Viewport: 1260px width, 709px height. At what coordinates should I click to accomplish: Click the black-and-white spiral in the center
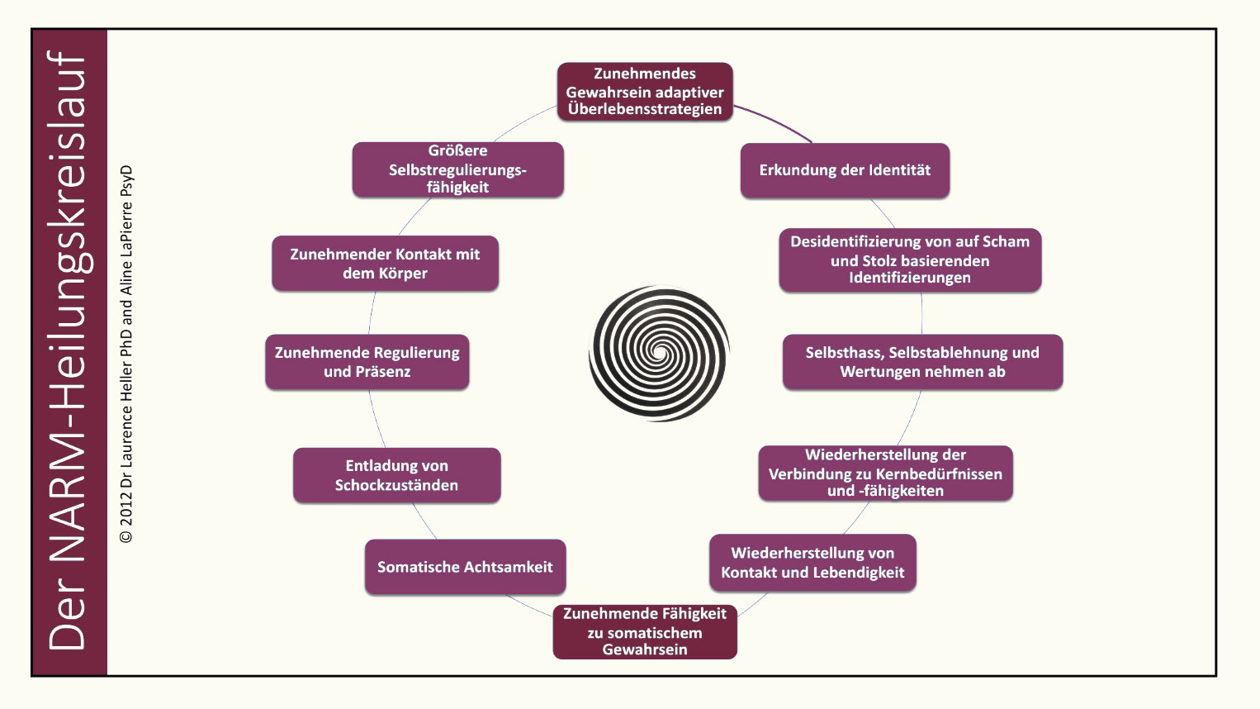[x=659, y=354]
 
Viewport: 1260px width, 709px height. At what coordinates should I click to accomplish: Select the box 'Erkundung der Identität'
[x=845, y=170]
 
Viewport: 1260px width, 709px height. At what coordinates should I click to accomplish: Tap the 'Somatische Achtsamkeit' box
[x=465, y=567]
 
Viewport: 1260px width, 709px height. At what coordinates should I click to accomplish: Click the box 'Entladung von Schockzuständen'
[x=396, y=475]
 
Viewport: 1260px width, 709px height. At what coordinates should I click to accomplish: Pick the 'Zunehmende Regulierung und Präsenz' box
[x=367, y=362]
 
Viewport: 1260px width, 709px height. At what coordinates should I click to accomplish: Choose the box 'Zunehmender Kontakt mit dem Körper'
[x=385, y=264]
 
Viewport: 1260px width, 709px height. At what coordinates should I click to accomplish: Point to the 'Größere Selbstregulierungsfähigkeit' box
[x=457, y=169]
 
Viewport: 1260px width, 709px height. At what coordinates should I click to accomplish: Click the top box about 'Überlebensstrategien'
[x=644, y=92]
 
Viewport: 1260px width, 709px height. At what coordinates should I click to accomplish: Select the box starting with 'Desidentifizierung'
[x=910, y=259]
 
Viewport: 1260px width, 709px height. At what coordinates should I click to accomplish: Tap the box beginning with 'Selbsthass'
[x=922, y=362]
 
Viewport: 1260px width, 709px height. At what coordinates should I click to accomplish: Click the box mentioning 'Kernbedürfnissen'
[x=885, y=473]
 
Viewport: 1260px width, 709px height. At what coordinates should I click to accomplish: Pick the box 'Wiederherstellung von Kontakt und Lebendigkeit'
[x=812, y=563]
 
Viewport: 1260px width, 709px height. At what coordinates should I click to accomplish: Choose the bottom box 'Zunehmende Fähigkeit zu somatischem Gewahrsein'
[x=644, y=631]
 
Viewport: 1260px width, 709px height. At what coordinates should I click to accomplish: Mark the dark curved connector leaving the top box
[x=776, y=121]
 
